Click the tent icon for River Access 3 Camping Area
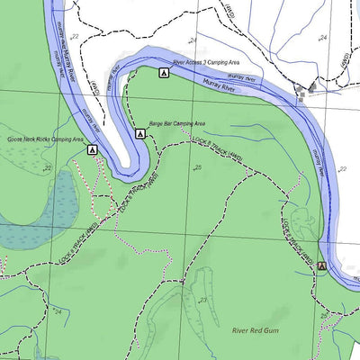coord(164,72)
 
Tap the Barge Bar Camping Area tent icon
coord(141,133)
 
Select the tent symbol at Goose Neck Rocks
coord(92,150)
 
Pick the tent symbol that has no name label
coord(321,266)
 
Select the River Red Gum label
coord(257,331)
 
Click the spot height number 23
coord(203,300)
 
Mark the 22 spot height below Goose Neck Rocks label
coord(47,168)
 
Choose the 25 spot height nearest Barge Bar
coord(197,167)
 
